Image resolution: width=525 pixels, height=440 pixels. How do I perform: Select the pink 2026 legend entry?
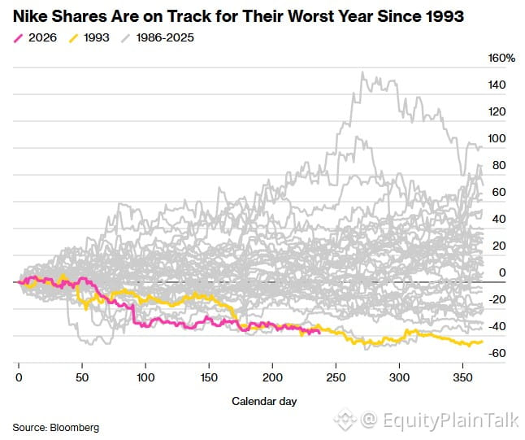[x=35, y=37]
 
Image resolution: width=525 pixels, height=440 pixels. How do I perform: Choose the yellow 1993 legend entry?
[x=89, y=37]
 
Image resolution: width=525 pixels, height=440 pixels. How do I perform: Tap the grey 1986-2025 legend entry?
[x=158, y=37]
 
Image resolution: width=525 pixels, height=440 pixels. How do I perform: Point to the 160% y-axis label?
[x=501, y=58]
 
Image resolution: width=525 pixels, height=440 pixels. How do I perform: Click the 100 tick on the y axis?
[x=497, y=138]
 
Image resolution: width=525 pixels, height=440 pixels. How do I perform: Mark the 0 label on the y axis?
[x=502, y=272]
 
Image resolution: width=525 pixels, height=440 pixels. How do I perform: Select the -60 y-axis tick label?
[x=497, y=353]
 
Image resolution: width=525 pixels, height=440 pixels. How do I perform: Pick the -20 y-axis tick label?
[x=497, y=299]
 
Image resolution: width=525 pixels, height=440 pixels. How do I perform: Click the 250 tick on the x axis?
[x=336, y=377]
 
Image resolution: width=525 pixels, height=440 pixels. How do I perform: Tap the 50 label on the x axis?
[x=82, y=377]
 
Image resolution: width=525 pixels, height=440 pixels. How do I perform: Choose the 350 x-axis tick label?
[x=462, y=377]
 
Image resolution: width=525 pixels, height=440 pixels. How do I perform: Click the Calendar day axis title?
[x=264, y=401]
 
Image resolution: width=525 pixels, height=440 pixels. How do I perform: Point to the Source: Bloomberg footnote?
[x=56, y=428]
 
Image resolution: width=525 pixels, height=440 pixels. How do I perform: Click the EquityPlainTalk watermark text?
[x=450, y=420]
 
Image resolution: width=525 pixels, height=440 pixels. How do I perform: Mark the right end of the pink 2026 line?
[x=319, y=332]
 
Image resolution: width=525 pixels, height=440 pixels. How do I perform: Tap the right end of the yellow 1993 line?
[x=482, y=342]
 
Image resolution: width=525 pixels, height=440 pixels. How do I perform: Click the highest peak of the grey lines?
[x=362, y=72]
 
